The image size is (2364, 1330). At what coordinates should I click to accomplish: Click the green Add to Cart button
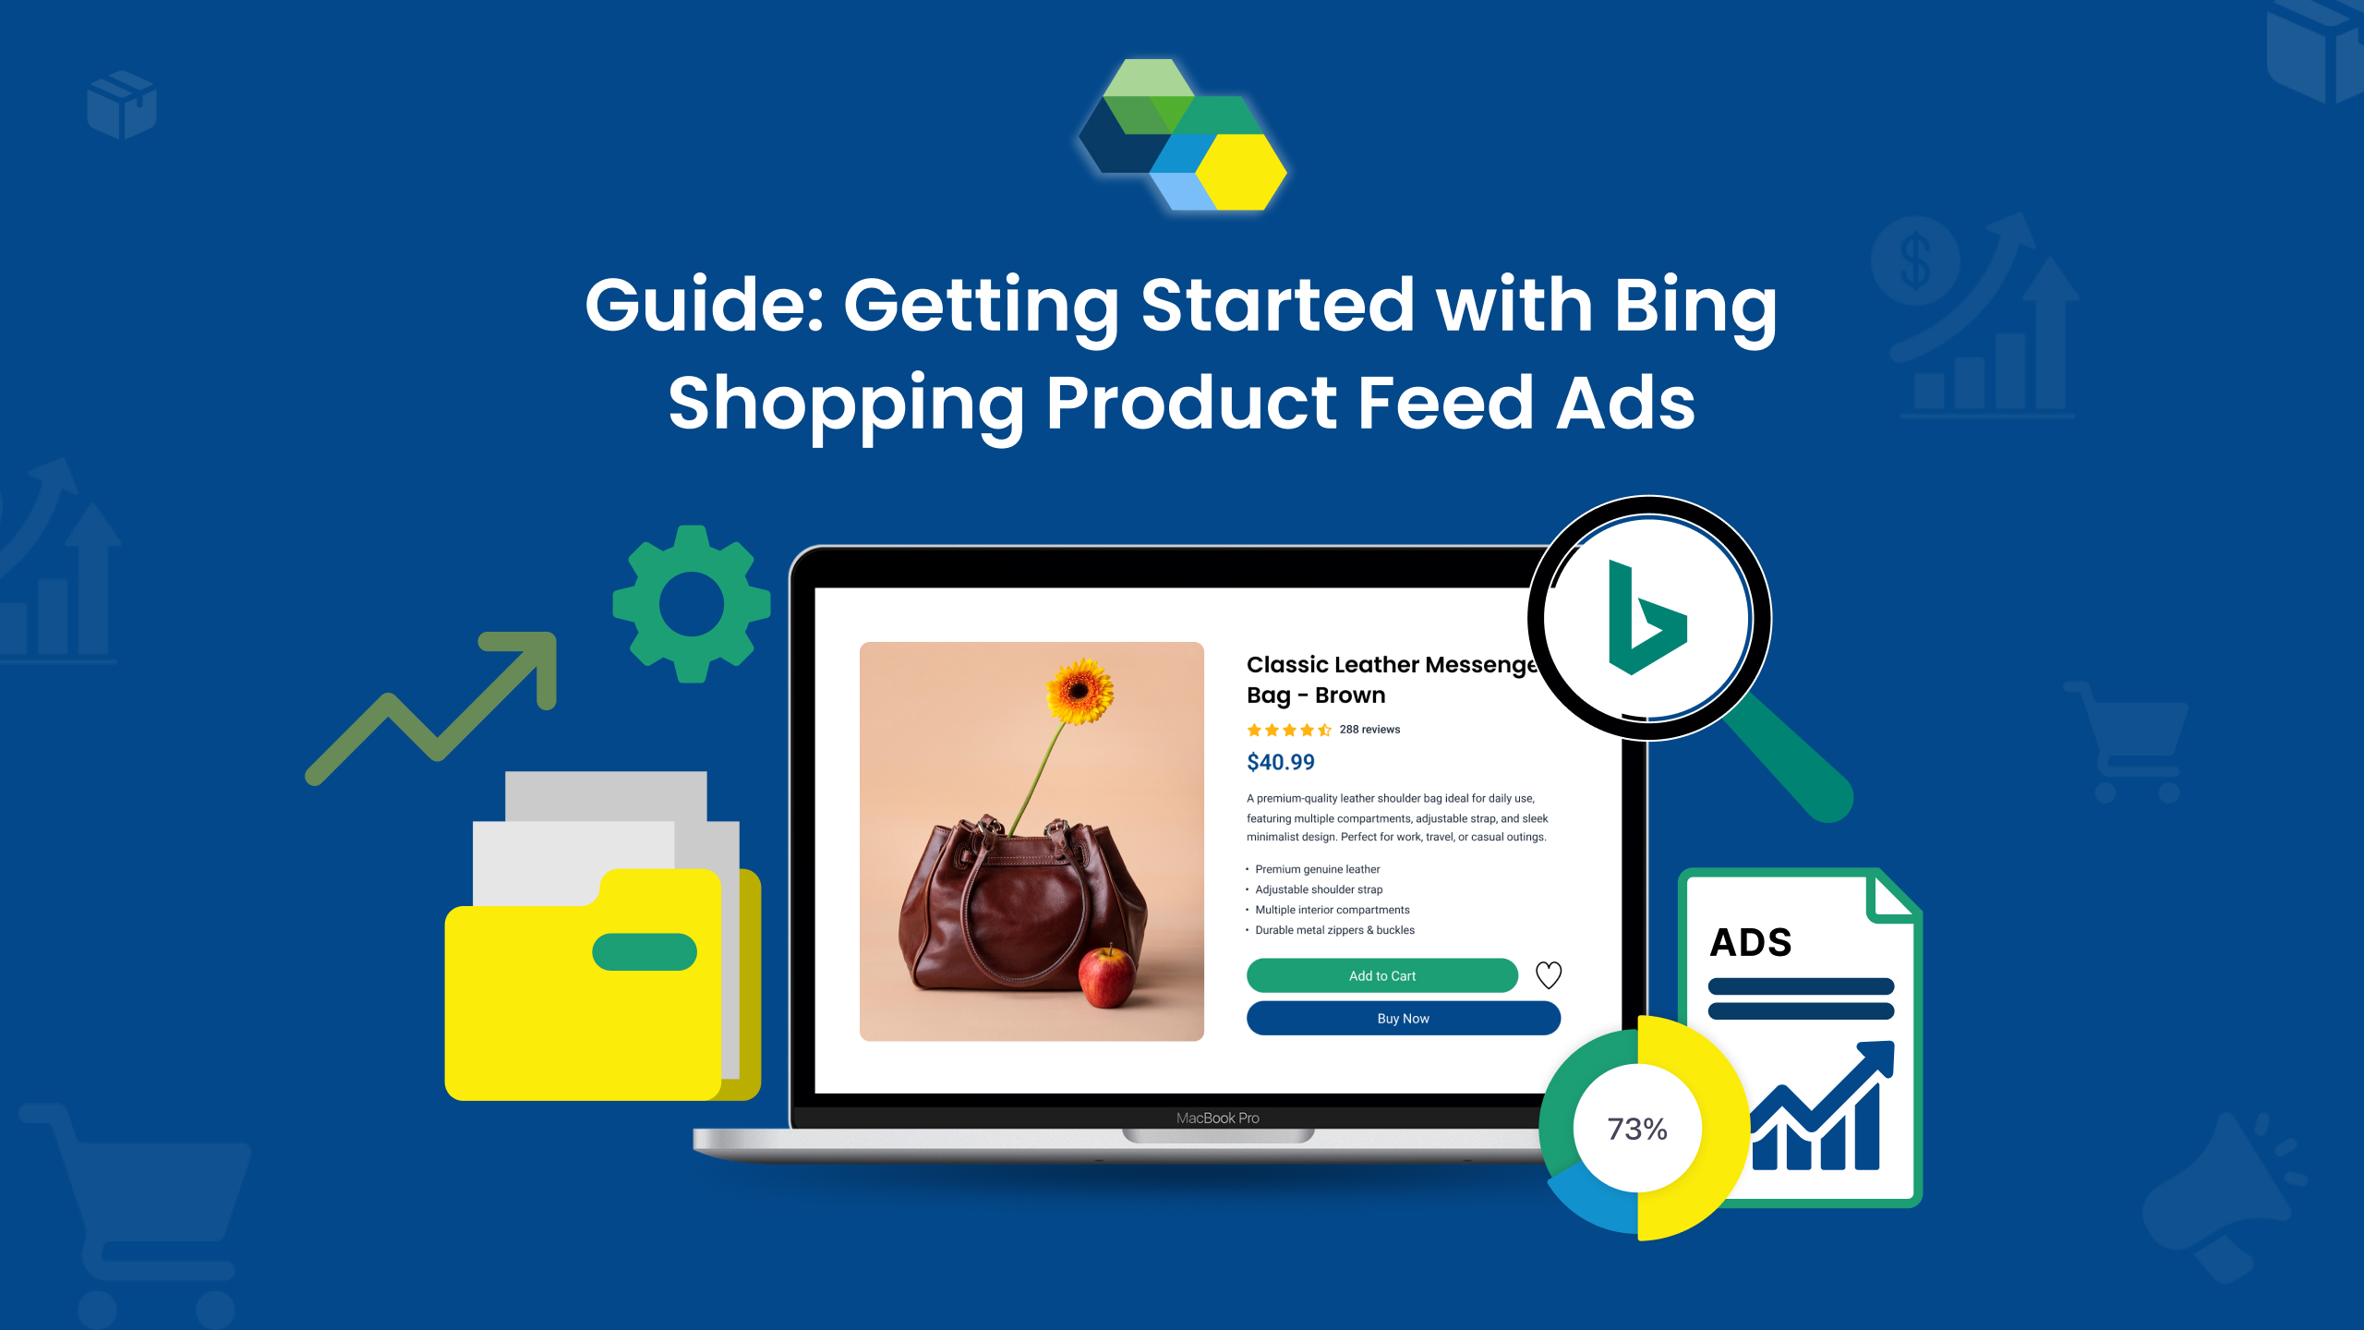(1381, 975)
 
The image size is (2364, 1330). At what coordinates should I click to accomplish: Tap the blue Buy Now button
(1403, 1018)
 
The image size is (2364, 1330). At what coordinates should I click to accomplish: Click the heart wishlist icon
(1549, 974)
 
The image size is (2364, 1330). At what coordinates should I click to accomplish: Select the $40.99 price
(1280, 762)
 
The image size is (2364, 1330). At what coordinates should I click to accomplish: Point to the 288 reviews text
(1369, 730)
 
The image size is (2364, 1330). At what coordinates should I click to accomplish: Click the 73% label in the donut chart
(1637, 1129)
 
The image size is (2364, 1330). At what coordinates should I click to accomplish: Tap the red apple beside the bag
(1107, 976)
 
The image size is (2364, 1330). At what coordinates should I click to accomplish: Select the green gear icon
(692, 604)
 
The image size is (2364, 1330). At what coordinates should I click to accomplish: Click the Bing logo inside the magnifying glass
(1646, 617)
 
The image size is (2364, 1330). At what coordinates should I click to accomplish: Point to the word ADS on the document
(1751, 942)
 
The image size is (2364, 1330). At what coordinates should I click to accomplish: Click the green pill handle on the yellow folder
(645, 952)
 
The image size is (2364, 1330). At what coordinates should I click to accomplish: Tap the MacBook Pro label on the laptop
(1217, 1118)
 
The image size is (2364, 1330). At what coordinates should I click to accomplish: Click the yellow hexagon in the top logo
(1241, 172)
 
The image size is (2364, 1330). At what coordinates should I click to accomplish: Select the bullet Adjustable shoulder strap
(1319, 889)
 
